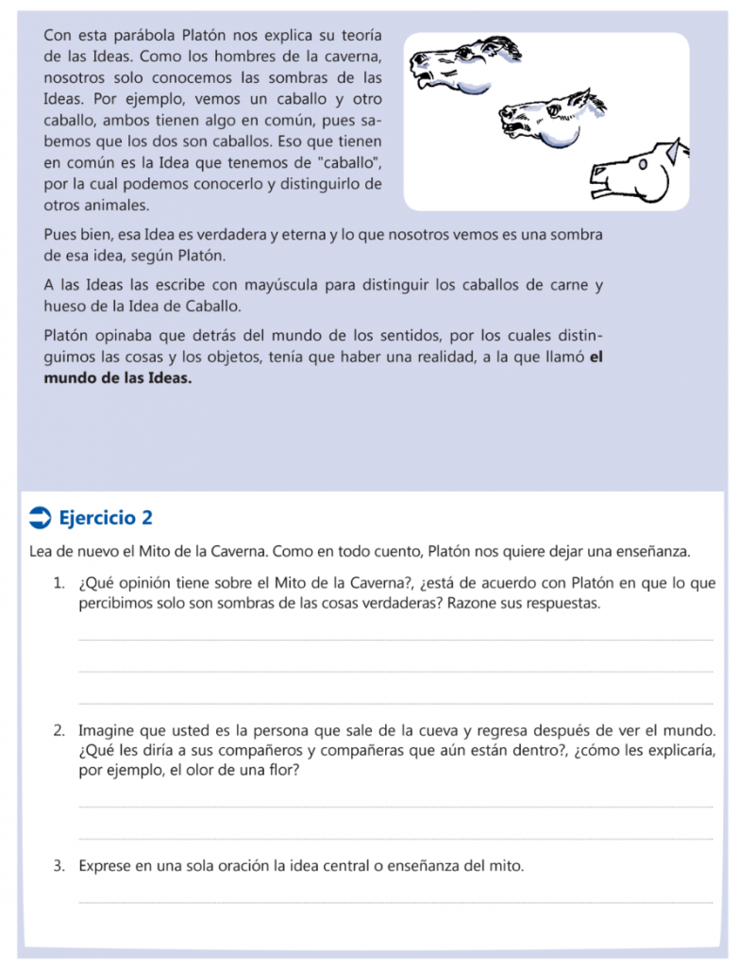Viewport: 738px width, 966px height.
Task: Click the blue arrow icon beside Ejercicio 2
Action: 42,517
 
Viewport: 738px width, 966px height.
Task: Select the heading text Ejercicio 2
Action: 105,517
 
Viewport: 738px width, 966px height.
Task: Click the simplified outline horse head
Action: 637,171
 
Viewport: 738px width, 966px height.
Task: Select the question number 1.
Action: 59,583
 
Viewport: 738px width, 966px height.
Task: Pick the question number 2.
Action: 59,730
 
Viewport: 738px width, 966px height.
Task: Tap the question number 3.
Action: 59,865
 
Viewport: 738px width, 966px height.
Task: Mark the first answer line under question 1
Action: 396,641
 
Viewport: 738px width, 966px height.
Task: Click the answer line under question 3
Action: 396,903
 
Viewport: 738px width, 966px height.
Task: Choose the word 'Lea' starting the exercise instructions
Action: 42,551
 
